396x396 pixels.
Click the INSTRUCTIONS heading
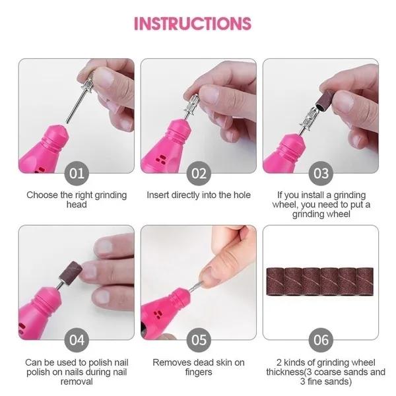[x=193, y=23]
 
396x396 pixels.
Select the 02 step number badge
[x=199, y=174]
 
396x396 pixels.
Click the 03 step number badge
[x=321, y=174]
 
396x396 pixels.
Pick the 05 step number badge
[x=199, y=341]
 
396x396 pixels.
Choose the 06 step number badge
[x=321, y=341]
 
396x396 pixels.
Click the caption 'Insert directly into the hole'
[x=198, y=195]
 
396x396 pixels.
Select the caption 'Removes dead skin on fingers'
[x=198, y=368]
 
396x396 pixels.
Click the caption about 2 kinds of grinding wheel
[x=321, y=372]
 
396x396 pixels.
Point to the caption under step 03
[x=321, y=205]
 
